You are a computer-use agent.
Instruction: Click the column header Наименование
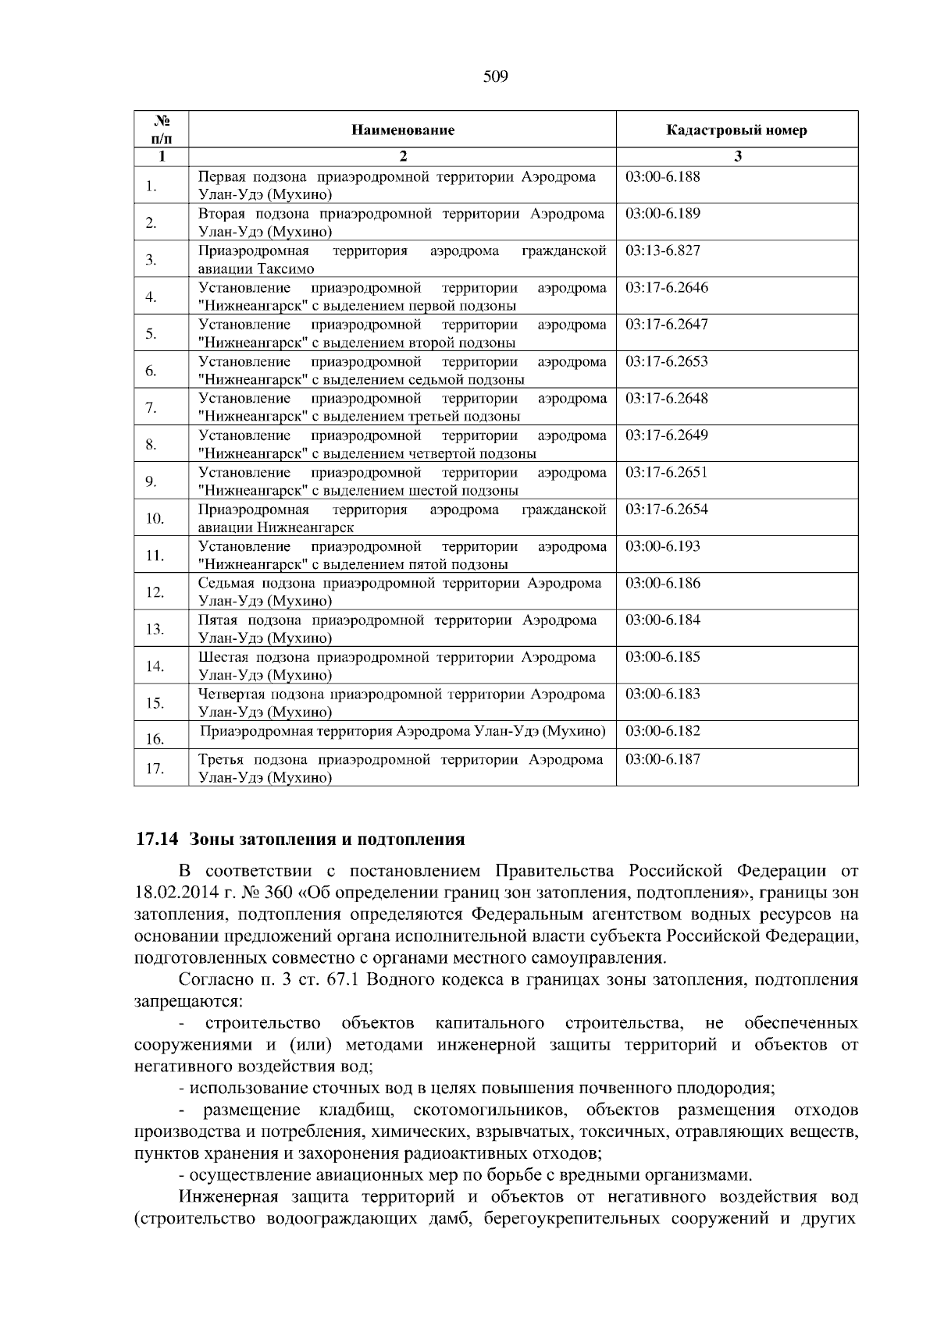402,130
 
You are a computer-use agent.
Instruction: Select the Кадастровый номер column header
736,130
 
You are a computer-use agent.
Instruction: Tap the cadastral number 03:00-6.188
663,176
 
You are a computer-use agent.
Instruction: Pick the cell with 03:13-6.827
663,250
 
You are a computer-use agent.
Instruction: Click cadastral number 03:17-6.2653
667,361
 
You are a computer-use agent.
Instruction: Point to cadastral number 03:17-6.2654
667,509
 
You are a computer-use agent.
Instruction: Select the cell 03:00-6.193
663,546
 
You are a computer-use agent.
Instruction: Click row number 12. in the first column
155,592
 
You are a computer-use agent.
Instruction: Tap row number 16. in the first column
155,739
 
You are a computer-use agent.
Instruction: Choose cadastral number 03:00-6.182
663,731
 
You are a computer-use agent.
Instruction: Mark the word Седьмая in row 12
225,583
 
